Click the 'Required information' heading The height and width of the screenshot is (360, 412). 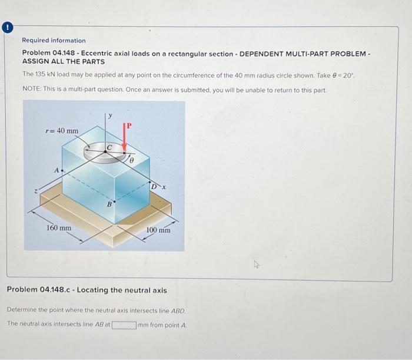(54, 41)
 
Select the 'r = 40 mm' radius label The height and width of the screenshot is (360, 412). (62, 130)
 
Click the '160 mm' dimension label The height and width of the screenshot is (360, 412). (59, 228)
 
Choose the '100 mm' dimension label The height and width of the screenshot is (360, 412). (158, 230)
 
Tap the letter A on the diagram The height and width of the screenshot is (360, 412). (57, 169)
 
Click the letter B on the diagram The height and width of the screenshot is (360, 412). (108, 204)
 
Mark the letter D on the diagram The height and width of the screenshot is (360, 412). (153, 187)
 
